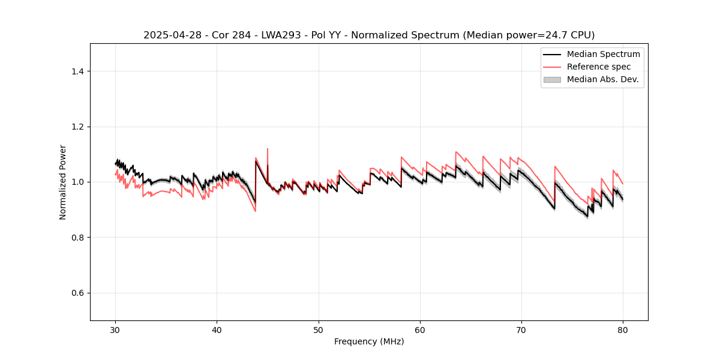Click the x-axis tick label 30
coord(116,329)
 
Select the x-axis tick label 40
coord(217,329)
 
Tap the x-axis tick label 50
coord(319,329)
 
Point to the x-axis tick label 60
coord(420,329)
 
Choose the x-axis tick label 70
coord(521,329)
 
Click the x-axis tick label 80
coord(623,329)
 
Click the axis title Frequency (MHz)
coord(369,341)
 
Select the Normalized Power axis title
coord(63,182)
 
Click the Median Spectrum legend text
coord(603,54)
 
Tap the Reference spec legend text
coord(599,67)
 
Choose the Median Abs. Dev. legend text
coord(602,79)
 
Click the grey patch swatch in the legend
coord(552,79)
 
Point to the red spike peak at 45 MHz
coord(268,149)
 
